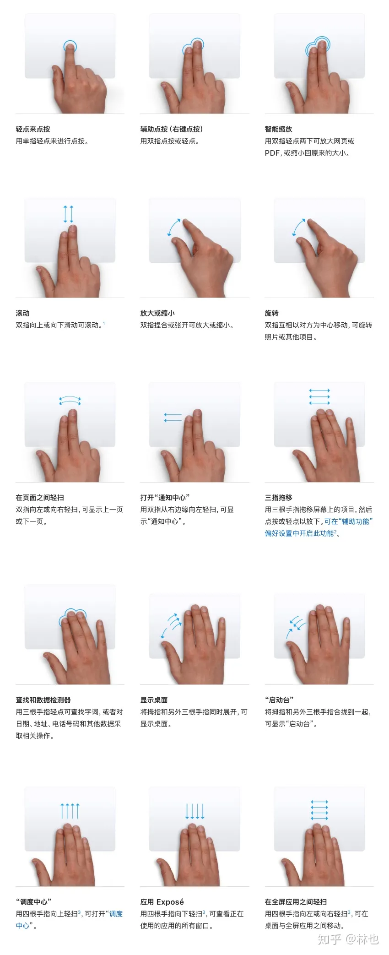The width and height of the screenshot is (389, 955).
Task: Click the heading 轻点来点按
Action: [x=33, y=129]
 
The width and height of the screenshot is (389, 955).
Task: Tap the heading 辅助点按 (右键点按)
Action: [x=172, y=129]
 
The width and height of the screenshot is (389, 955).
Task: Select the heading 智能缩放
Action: [x=278, y=129]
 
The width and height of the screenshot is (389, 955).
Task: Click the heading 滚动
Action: [x=22, y=313]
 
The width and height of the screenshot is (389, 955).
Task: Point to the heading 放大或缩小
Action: [x=157, y=313]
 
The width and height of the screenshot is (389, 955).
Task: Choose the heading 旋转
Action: [x=271, y=313]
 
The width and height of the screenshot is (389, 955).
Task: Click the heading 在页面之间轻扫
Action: [x=40, y=498]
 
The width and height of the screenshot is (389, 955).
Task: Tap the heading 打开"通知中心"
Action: [x=165, y=498]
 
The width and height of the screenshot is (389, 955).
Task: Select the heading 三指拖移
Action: [x=278, y=498]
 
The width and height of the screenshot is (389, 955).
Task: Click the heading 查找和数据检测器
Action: [x=43, y=700]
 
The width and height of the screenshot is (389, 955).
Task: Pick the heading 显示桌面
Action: [x=154, y=700]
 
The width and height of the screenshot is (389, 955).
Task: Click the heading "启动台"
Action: [x=279, y=700]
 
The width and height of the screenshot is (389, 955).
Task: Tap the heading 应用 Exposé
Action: [x=162, y=902]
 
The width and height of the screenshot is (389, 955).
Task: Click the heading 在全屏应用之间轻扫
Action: [x=296, y=902]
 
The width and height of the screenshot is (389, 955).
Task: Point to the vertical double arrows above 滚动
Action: [x=68, y=214]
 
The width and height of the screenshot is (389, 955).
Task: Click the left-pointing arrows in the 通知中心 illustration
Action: [x=173, y=417]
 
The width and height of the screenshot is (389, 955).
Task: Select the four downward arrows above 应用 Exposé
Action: [x=194, y=811]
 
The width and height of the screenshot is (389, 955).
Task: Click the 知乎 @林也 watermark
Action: [x=348, y=939]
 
